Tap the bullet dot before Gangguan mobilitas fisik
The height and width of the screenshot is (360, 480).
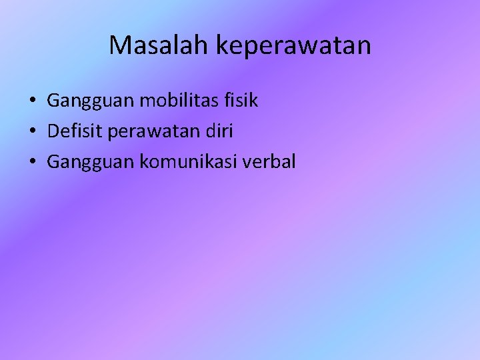[x=32, y=102]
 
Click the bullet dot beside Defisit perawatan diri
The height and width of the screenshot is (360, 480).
[x=32, y=132]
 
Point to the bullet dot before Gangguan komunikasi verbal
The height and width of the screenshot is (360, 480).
[x=32, y=162]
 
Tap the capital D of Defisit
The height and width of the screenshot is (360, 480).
[x=53, y=131]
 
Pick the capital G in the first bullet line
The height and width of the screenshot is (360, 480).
[x=53, y=101]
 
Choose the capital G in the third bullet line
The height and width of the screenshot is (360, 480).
[x=53, y=161]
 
